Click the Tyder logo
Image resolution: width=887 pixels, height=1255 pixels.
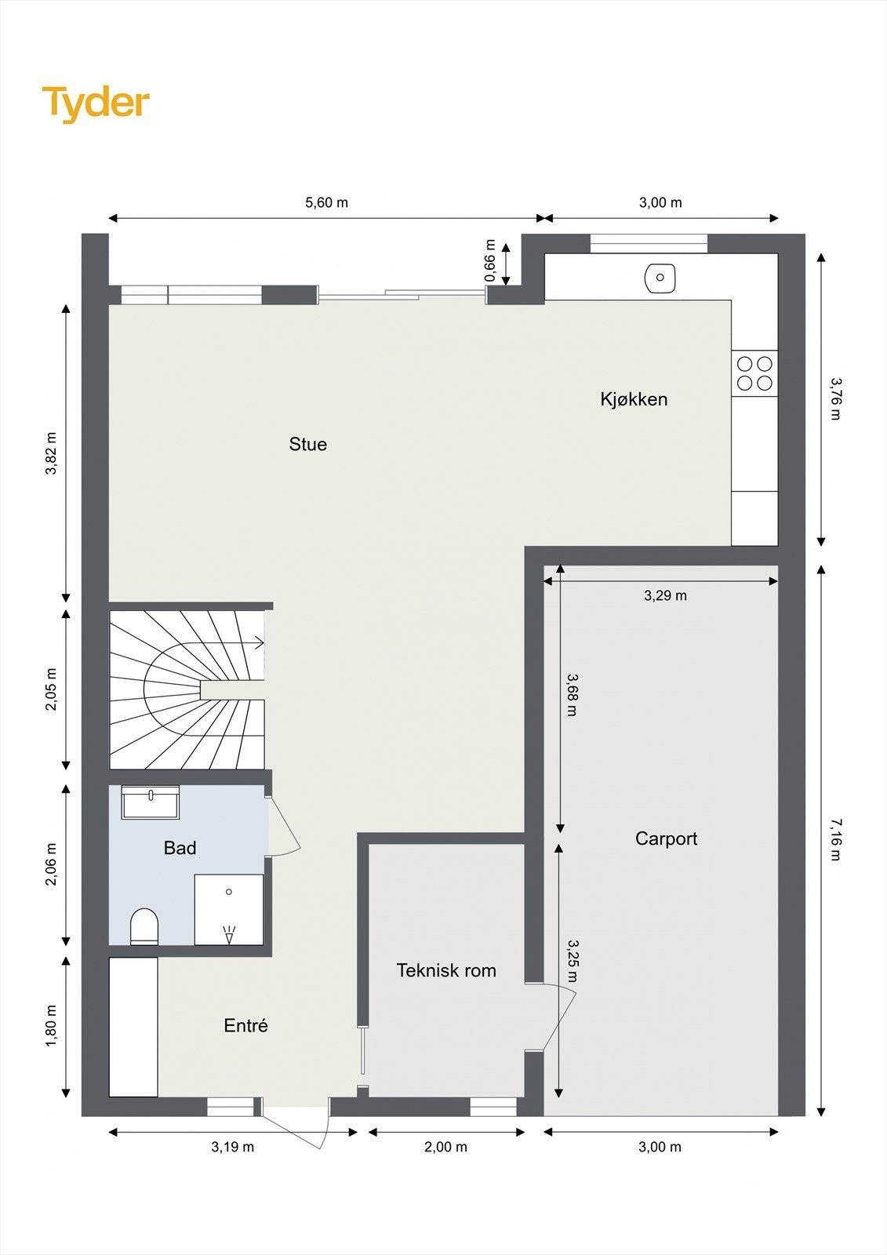pyautogui.click(x=96, y=104)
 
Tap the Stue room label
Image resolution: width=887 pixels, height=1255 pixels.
pyautogui.click(x=307, y=444)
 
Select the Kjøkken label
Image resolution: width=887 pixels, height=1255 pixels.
pyautogui.click(x=634, y=399)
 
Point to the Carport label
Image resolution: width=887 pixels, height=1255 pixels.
pyautogui.click(x=667, y=838)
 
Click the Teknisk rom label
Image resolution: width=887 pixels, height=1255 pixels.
pyautogui.click(x=446, y=970)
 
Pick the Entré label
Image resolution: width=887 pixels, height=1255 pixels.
pyautogui.click(x=245, y=1025)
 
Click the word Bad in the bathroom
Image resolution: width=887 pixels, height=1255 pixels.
pyautogui.click(x=180, y=848)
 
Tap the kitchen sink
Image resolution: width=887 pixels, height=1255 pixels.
pyautogui.click(x=660, y=278)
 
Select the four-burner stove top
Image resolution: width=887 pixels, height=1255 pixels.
pyautogui.click(x=754, y=373)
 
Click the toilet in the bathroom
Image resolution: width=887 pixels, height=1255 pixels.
pyautogui.click(x=144, y=926)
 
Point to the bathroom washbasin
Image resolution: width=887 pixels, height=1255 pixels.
pyautogui.click(x=150, y=802)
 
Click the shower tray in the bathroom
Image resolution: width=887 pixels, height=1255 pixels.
pyautogui.click(x=229, y=909)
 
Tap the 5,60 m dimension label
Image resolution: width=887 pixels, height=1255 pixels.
pyautogui.click(x=327, y=202)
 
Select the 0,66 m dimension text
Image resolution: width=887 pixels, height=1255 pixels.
pyautogui.click(x=490, y=260)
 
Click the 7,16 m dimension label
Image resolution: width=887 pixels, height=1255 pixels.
pyautogui.click(x=835, y=839)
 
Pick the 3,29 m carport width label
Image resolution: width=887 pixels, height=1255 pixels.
pyautogui.click(x=665, y=595)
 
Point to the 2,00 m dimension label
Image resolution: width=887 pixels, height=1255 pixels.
pyautogui.click(x=445, y=1147)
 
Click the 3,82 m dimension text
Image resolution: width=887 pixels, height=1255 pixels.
pyautogui.click(x=51, y=453)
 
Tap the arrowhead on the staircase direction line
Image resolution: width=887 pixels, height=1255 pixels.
pyautogui.click(x=260, y=643)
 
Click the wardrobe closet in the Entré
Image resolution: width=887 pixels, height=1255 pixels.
pyautogui.click(x=133, y=1027)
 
